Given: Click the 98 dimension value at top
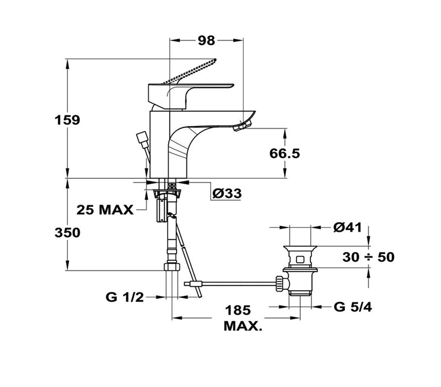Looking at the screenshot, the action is click(x=206, y=40).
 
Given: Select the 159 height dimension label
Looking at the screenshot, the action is click(x=67, y=120).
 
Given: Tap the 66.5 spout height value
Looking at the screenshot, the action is click(x=284, y=153).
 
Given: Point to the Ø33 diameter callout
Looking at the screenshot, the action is click(x=227, y=193).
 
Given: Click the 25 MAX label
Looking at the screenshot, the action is click(x=105, y=210).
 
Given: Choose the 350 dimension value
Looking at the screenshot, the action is click(x=67, y=233).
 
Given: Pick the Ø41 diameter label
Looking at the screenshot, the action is click(x=348, y=227).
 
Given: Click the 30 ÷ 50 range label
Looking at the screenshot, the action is click(x=368, y=257).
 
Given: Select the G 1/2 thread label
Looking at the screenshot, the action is click(x=125, y=297).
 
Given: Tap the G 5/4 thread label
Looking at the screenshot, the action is click(x=353, y=307).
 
